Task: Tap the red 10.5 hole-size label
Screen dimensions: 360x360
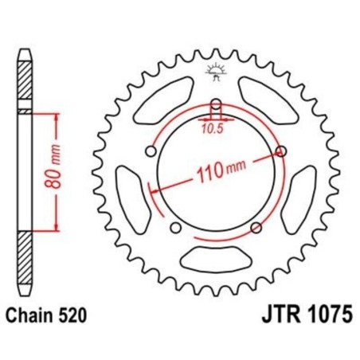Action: (x=212, y=125)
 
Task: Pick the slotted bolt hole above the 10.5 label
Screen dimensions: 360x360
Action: (x=214, y=108)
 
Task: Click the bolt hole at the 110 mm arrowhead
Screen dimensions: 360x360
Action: (x=280, y=151)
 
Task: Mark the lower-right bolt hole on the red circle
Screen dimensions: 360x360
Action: (x=256, y=228)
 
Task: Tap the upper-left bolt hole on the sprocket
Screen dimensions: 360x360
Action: (x=148, y=151)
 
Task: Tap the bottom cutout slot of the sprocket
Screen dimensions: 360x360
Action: (x=213, y=257)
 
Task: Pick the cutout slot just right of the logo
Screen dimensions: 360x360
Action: (x=266, y=104)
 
